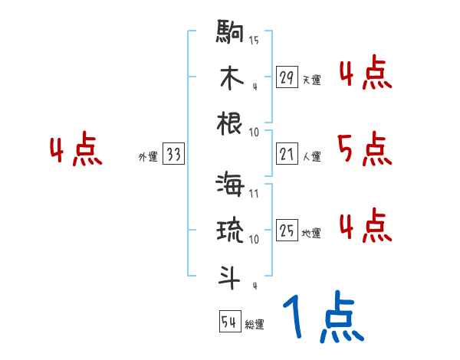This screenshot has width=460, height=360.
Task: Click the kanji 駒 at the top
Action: point(230,32)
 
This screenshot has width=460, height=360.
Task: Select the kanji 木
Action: point(230,77)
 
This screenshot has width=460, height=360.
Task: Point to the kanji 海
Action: point(230,186)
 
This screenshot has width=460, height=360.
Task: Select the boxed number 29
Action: point(287,77)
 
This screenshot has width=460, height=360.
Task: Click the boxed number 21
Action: point(287,155)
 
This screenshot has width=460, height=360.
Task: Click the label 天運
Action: point(311,80)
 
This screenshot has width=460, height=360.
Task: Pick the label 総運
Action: point(255,325)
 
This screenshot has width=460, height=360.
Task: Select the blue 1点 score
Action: point(322,319)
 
